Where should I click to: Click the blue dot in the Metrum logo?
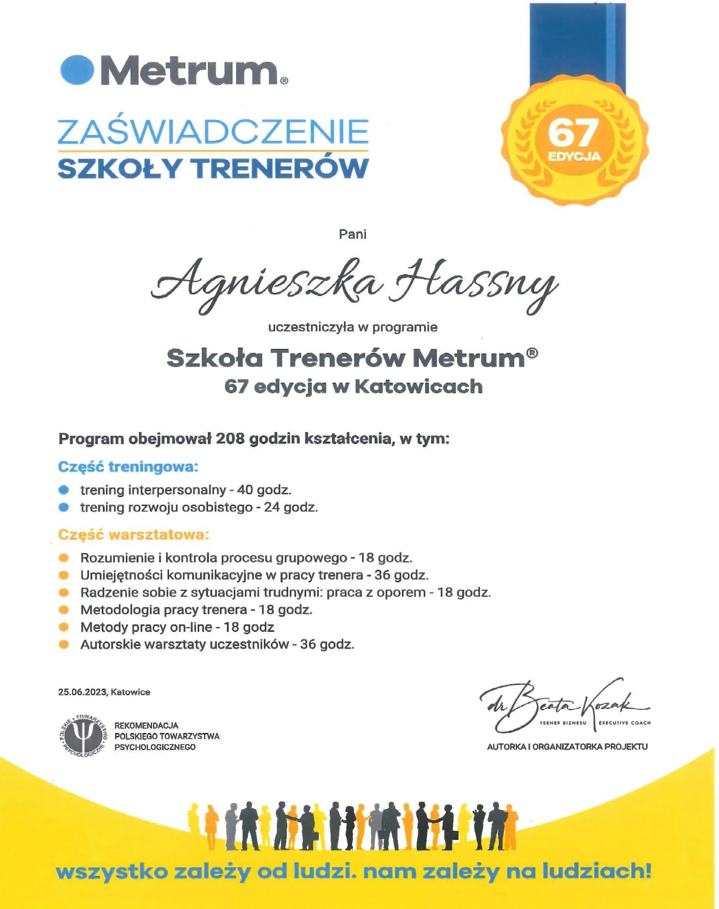pyautogui.click(x=77, y=69)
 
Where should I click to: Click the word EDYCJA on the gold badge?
pyautogui.click(x=575, y=157)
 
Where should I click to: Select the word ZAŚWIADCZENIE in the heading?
pyautogui.click(x=213, y=132)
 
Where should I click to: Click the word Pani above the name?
pyautogui.click(x=353, y=235)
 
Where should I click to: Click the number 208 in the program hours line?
pyautogui.click(x=230, y=439)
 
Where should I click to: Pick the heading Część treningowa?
pyautogui.click(x=128, y=467)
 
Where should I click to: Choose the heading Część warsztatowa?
pyautogui.click(x=133, y=535)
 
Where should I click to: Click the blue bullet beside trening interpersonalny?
pyautogui.click(x=64, y=490)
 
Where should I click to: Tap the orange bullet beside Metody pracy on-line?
pyautogui.click(x=64, y=627)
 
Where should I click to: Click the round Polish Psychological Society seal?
pyautogui.click(x=83, y=735)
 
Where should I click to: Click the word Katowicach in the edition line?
pyautogui.click(x=419, y=386)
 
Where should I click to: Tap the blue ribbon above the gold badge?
pyautogui.click(x=577, y=47)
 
